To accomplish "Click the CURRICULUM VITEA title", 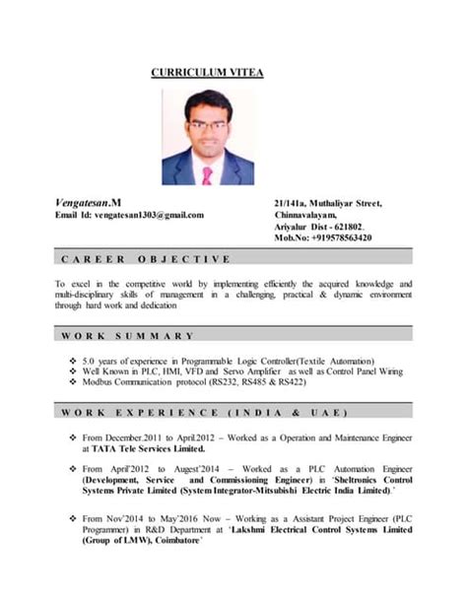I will point(207,73).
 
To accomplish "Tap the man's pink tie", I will point(207,175).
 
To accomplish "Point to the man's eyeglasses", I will point(207,125).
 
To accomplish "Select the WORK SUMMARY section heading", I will point(127,337).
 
